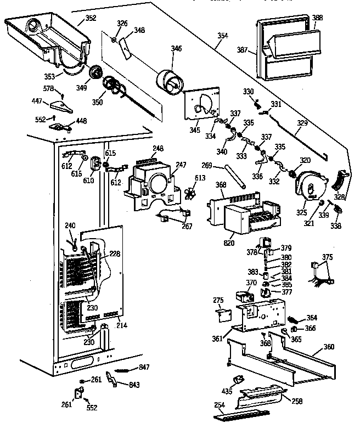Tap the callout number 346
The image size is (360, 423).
coord(176,49)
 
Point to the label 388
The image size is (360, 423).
coord(317,18)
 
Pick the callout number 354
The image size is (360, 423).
coord(222,36)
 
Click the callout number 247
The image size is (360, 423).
coord(181,163)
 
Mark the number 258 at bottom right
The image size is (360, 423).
coord(297,402)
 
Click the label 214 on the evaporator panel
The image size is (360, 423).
coord(121,326)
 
